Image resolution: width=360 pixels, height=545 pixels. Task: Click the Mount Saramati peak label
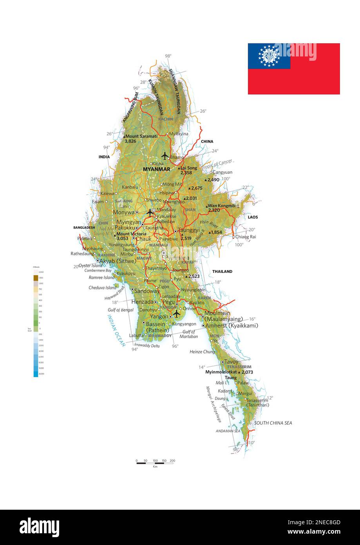(x=141, y=136)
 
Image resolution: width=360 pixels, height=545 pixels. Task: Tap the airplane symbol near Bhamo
(x=165, y=156)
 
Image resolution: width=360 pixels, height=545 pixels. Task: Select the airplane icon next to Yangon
(x=177, y=314)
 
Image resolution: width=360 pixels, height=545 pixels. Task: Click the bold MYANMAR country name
(x=157, y=169)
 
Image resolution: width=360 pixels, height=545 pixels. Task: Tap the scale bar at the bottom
(x=155, y=463)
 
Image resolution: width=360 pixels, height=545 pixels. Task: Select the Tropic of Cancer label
(x=217, y=164)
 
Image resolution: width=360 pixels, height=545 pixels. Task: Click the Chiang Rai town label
(x=245, y=237)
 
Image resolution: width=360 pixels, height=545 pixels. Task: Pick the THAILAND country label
(x=222, y=271)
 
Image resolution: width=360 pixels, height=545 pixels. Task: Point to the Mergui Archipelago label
(x=213, y=404)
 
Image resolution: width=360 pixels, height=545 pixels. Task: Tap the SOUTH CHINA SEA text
(x=273, y=423)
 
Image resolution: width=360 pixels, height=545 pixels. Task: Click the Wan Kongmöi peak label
(x=221, y=206)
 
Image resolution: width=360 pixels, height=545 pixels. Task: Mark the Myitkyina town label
(x=179, y=134)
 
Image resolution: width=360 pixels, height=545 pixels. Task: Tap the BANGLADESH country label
(x=84, y=227)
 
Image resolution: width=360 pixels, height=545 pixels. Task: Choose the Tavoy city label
(x=231, y=362)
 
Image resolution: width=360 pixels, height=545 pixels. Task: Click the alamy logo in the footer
(x=40, y=527)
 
